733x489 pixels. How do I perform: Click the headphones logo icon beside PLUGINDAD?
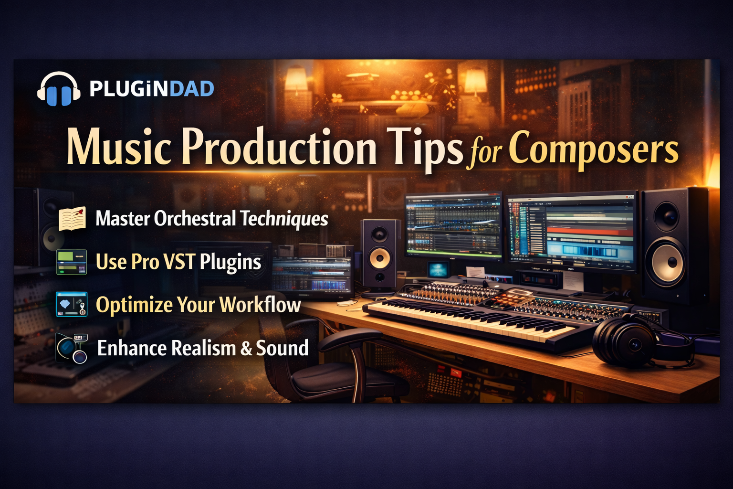click(59, 89)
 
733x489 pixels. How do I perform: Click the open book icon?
click(73, 218)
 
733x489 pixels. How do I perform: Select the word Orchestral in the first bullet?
click(195, 218)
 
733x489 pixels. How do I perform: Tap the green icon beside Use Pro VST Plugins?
click(72, 262)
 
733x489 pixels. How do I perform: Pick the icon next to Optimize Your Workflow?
click(72, 304)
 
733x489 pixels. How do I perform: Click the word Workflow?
click(260, 305)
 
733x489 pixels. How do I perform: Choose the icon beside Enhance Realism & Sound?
click(72, 348)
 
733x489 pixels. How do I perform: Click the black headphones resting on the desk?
click(641, 340)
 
